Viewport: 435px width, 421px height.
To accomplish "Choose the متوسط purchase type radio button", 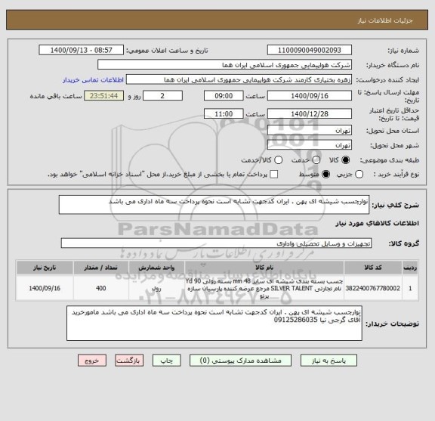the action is click(x=326, y=175).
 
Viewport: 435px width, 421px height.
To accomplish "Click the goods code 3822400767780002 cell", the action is click(x=375, y=288).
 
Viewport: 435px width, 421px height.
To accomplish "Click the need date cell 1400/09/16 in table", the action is click(x=44, y=288).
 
